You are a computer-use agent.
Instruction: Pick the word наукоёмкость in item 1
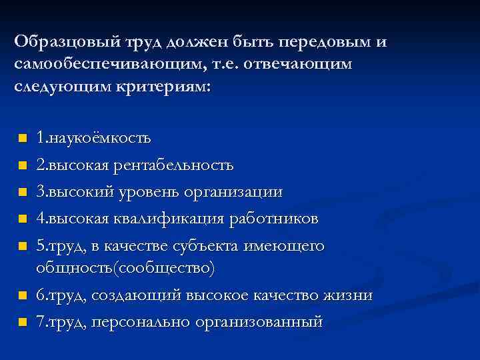point(99,139)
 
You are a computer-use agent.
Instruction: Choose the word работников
point(275,219)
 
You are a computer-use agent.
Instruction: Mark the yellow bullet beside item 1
point(22,139)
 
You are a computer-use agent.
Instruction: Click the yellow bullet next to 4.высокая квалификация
point(22,219)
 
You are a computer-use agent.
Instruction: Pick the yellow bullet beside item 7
point(22,323)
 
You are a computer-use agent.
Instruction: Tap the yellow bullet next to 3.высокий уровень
point(22,193)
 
